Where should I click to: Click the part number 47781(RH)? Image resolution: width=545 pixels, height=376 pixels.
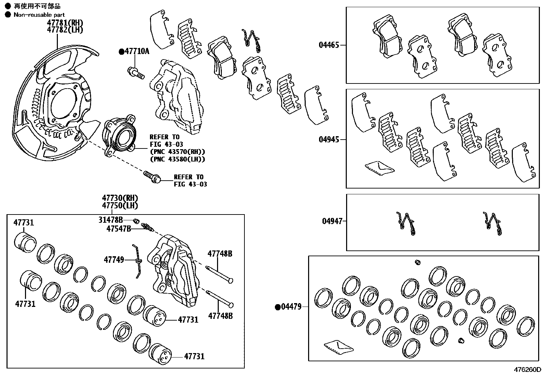65,23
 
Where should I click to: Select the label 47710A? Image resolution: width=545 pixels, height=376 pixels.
137,52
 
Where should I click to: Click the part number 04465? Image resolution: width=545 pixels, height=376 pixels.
329,45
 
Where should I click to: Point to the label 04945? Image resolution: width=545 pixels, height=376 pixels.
329,139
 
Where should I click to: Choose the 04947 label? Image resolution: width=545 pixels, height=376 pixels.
332,221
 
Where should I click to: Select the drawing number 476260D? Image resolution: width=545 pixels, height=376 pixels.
527,370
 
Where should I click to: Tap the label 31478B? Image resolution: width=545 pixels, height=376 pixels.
111,220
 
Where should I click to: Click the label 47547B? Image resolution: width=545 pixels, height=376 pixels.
118,229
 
